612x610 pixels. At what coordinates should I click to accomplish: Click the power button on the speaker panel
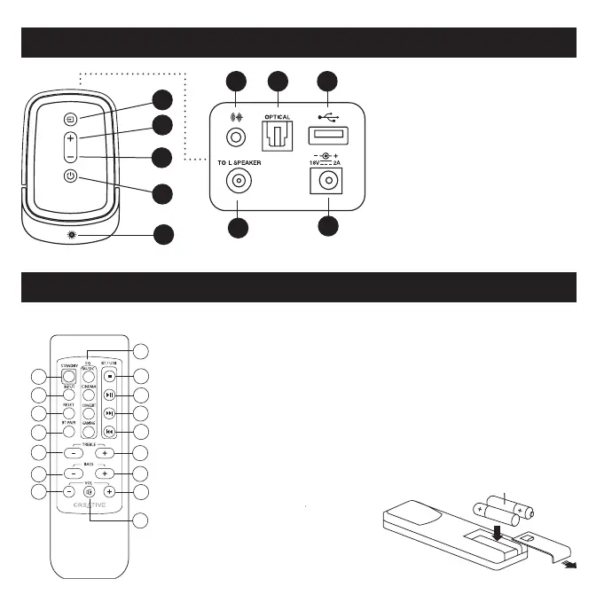click(x=71, y=176)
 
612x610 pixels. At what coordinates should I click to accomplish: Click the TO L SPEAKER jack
click(x=239, y=183)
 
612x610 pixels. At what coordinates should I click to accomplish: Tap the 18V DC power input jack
click(x=328, y=182)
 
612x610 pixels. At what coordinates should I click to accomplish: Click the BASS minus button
click(x=71, y=473)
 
